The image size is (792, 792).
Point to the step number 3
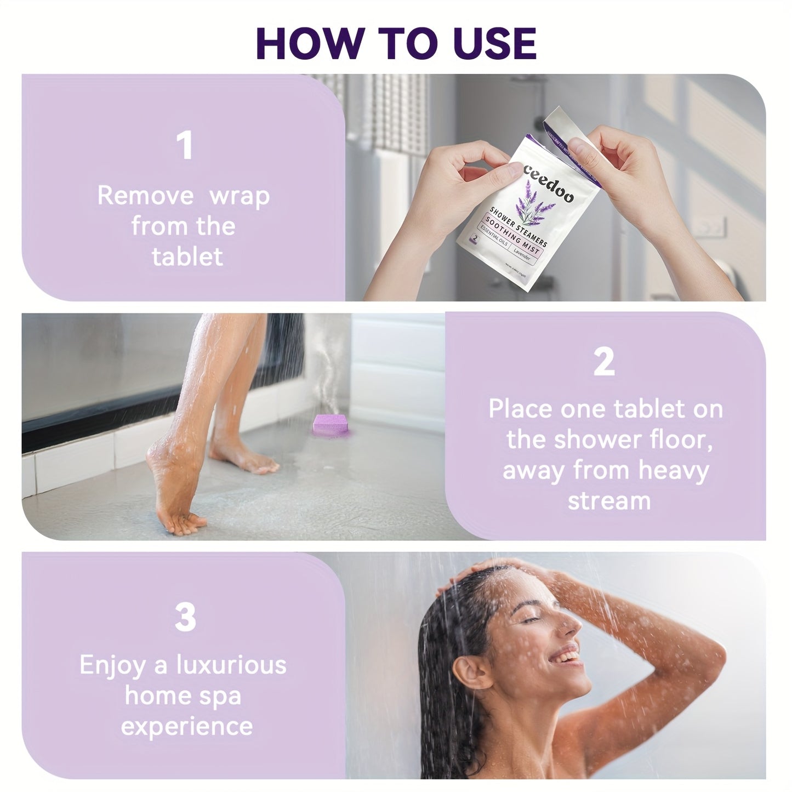point(185,617)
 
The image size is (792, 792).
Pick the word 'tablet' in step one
point(187,257)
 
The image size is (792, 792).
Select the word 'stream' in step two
point(608,501)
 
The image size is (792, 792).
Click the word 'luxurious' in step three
point(231,665)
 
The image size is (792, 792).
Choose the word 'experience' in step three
point(187,727)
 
